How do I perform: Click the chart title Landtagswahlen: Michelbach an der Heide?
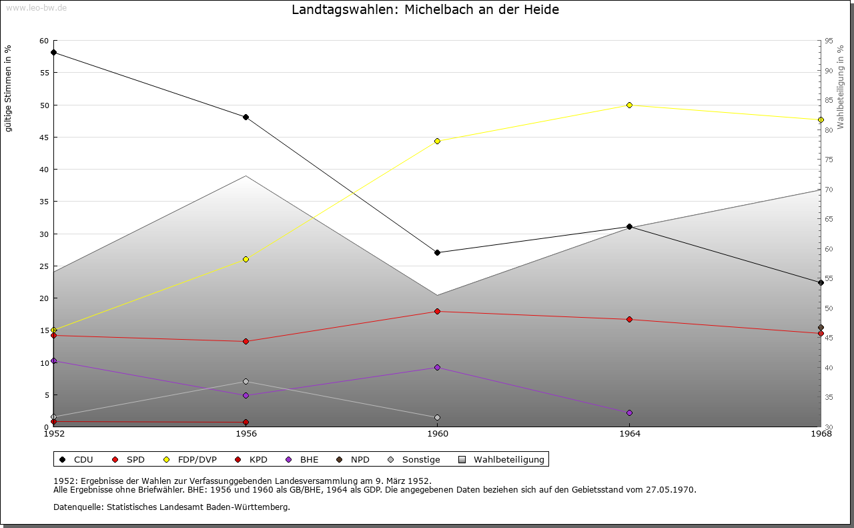click(425, 10)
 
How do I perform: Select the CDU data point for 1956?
click(246, 117)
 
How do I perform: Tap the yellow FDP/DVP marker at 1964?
click(629, 105)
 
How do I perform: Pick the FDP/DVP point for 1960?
click(437, 141)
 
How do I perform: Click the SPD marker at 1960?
click(437, 311)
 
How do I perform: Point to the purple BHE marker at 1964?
click(629, 413)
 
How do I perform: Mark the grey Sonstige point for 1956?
click(246, 382)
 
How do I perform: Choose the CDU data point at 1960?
click(437, 252)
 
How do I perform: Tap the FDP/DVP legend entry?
click(190, 460)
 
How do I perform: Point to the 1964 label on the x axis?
click(629, 434)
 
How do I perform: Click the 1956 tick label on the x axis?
click(246, 434)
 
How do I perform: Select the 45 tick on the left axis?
click(44, 138)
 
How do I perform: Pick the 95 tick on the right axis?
click(828, 41)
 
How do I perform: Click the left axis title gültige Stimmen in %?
click(9, 88)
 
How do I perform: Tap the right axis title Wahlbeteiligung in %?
click(840, 87)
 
